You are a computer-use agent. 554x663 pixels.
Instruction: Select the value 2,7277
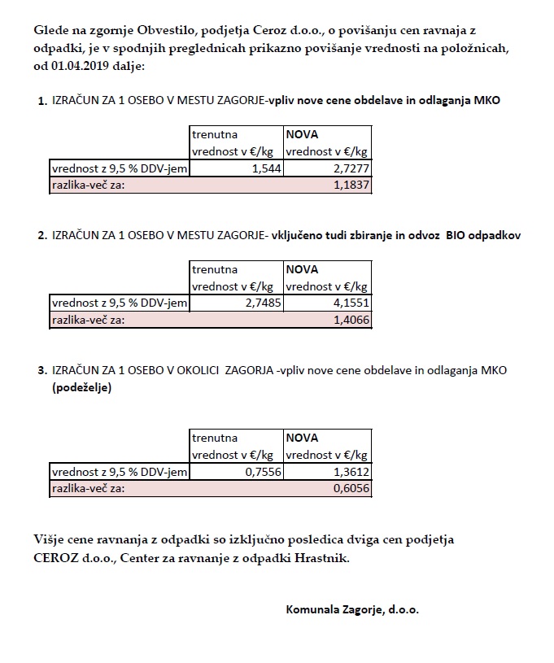[x=350, y=168]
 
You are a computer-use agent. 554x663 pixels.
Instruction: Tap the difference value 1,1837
[x=351, y=185]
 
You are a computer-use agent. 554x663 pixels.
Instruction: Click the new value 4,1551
[x=350, y=303]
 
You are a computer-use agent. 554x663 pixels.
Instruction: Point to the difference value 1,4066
[x=351, y=321]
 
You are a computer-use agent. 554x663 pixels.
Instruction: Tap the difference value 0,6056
[x=351, y=489]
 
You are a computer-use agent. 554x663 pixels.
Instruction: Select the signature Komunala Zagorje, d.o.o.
[x=352, y=608]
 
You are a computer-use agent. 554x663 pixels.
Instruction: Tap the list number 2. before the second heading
[x=42, y=236]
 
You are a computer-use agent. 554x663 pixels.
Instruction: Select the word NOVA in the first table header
[x=301, y=133]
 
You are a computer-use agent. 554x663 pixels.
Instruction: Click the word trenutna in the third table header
[x=215, y=438]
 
